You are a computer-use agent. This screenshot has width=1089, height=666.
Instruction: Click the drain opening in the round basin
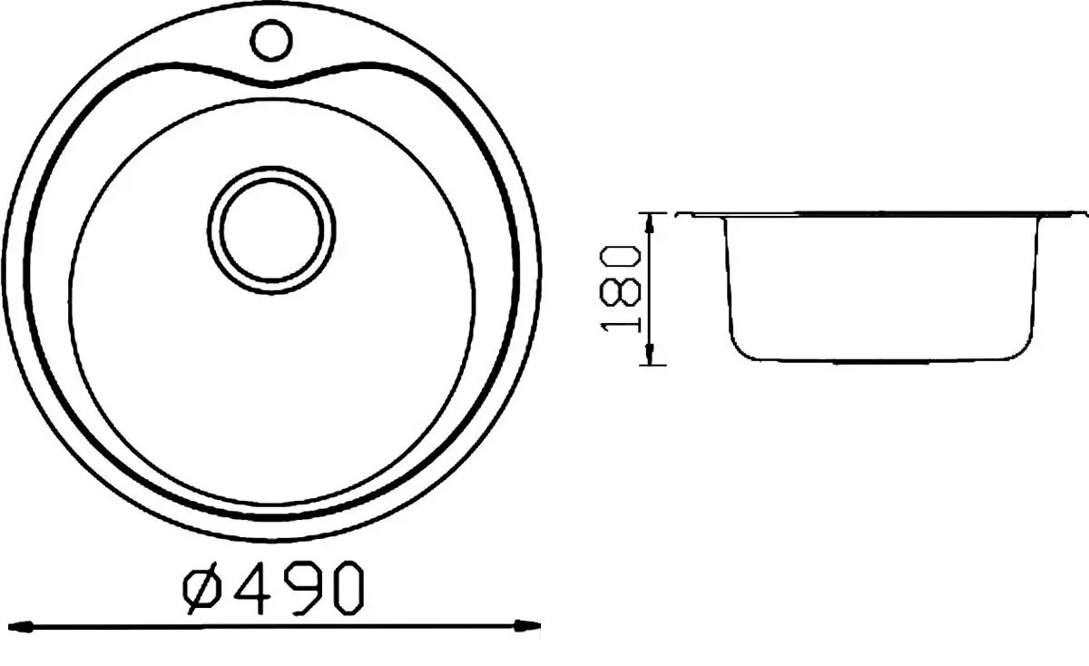271,230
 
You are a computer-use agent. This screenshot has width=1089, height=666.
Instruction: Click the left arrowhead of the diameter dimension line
27,625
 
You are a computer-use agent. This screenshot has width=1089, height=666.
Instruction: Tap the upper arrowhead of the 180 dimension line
650,221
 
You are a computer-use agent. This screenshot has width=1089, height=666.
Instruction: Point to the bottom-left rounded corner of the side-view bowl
739,349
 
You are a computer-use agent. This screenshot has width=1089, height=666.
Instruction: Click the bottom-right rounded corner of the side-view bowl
1023,349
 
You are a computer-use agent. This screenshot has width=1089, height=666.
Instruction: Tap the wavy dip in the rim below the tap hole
282,82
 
